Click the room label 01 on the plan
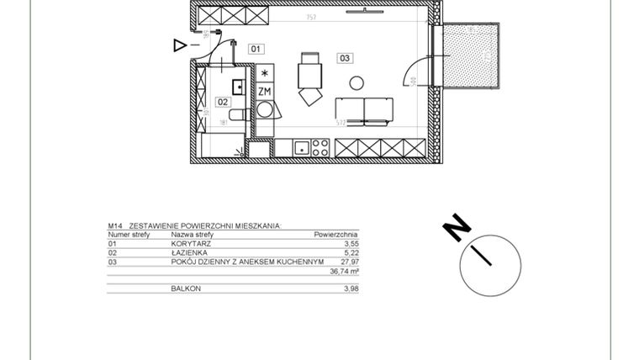256,49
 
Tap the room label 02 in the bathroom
223,102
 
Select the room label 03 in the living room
345,58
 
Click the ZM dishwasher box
264,91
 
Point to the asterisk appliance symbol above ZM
264,74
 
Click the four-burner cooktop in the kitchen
319,148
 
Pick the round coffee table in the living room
356,82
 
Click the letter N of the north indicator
457,227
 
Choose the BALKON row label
186,289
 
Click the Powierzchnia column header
335,235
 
